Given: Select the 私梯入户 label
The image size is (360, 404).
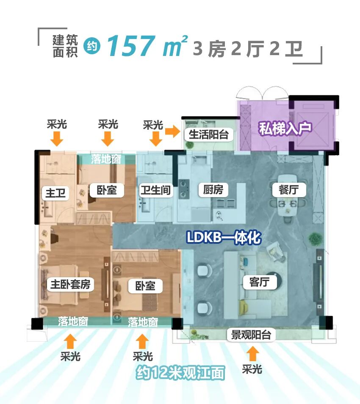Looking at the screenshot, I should (x=285, y=128).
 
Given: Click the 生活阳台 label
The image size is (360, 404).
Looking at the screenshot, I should (x=208, y=134).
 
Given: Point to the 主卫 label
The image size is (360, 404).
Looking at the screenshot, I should (x=55, y=193).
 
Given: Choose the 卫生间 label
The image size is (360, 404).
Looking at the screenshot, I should (x=155, y=190).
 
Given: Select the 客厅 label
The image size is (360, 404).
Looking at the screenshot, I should (x=260, y=281).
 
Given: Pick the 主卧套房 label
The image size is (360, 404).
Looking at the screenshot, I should (x=70, y=284).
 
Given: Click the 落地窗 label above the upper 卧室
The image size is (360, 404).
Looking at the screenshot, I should (x=106, y=159).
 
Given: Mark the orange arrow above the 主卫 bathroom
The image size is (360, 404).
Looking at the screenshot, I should (x=57, y=138).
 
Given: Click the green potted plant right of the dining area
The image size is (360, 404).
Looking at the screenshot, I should (x=314, y=238).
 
